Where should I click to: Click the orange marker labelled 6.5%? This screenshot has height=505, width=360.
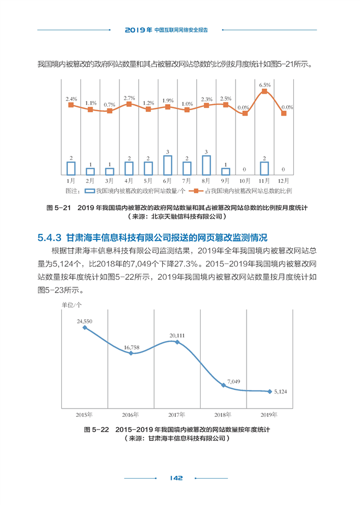pyautogui.click(x=264, y=91)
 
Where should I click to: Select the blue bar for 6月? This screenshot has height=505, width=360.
pyautogui.click(x=168, y=165)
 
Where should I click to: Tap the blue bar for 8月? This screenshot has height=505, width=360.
pyautogui.click(x=206, y=165)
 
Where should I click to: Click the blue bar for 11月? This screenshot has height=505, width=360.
pyautogui.click(x=264, y=169)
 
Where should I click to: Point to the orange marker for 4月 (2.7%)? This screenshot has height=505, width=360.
pyautogui.click(x=129, y=104)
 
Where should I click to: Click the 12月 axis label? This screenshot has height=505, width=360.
pyautogui.click(x=284, y=181)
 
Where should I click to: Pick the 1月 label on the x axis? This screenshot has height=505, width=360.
pyautogui.click(x=71, y=181)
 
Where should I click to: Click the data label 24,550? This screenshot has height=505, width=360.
pyautogui.click(x=84, y=322)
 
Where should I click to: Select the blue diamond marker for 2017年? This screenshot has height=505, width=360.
pyautogui.click(x=178, y=342)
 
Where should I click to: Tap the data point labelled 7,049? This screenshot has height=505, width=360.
pyautogui.click(x=224, y=385)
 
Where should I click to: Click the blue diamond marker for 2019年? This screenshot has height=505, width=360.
pyautogui.click(x=270, y=391)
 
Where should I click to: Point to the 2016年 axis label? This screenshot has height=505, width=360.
pyautogui.click(x=130, y=415)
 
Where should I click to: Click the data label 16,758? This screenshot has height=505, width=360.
pyautogui.click(x=132, y=347)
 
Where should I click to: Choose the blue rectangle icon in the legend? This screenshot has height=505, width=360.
pyautogui.click(x=90, y=191)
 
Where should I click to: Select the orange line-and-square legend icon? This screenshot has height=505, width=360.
pyautogui.click(x=196, y=191)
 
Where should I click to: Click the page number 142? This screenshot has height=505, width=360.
pyautogui.click(x=176, y=478)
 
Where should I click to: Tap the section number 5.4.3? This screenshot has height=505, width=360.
pyautogui.click(x=49, y=238)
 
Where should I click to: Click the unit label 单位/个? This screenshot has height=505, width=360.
pyautogui.click(x=72, y=305)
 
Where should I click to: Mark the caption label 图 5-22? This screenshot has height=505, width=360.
pyautogui.click(x=96, y=429)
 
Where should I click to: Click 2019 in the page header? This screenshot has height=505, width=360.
pyautogui.click(x=135, y=30)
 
